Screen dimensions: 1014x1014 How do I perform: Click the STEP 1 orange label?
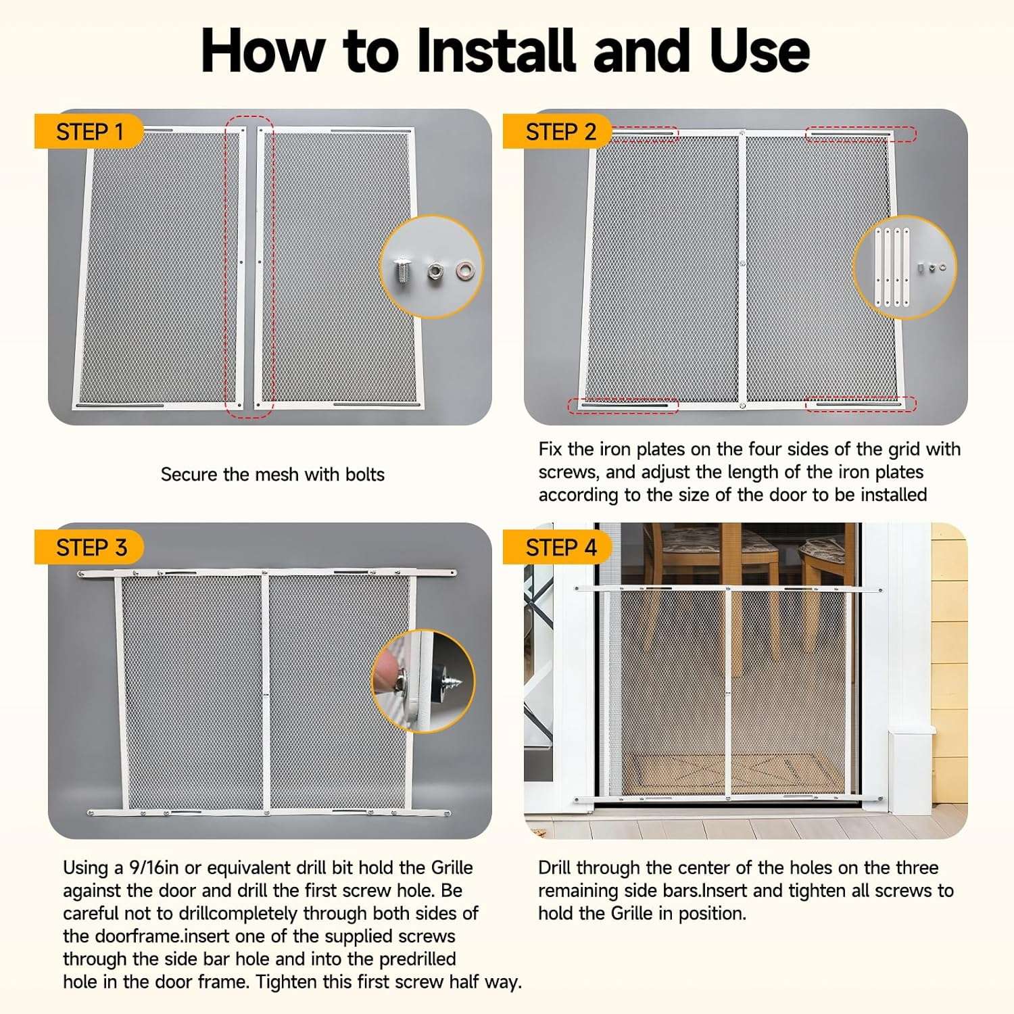pos(89,132)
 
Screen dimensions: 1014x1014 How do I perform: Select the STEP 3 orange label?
pos(89,547)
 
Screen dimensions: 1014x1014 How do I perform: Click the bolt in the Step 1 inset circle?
pos(402,272)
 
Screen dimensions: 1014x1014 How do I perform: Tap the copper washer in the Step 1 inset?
pos(465,270)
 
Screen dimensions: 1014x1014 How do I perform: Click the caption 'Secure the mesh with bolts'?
pos(272,475)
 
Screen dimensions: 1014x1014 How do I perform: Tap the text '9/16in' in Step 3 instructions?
pos(154,868)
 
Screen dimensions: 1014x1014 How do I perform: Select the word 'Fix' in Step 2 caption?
pos(551,450)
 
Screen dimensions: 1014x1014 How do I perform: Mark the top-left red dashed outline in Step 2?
pos(644,134)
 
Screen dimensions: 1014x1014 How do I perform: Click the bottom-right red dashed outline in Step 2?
pos(861,404)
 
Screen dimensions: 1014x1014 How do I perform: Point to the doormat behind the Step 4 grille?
pos(727,774)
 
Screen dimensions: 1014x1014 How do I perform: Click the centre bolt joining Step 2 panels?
pos(742,264)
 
